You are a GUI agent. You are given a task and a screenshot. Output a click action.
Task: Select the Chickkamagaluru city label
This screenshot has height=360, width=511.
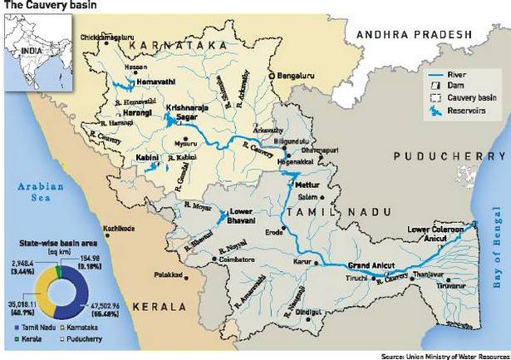tap(108, 38)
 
